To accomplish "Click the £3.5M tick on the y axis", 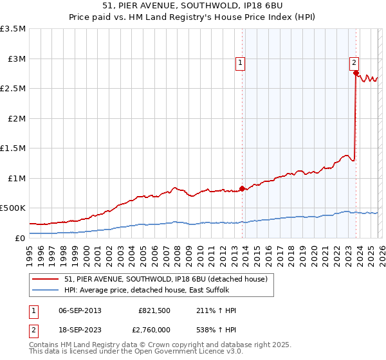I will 13,29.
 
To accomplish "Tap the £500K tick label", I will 13,208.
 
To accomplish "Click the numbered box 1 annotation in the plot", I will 240,63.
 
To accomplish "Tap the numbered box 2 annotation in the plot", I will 354,63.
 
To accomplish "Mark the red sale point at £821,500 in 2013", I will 242,188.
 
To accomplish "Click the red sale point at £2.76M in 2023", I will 356,73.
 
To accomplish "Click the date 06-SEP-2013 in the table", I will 80,310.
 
